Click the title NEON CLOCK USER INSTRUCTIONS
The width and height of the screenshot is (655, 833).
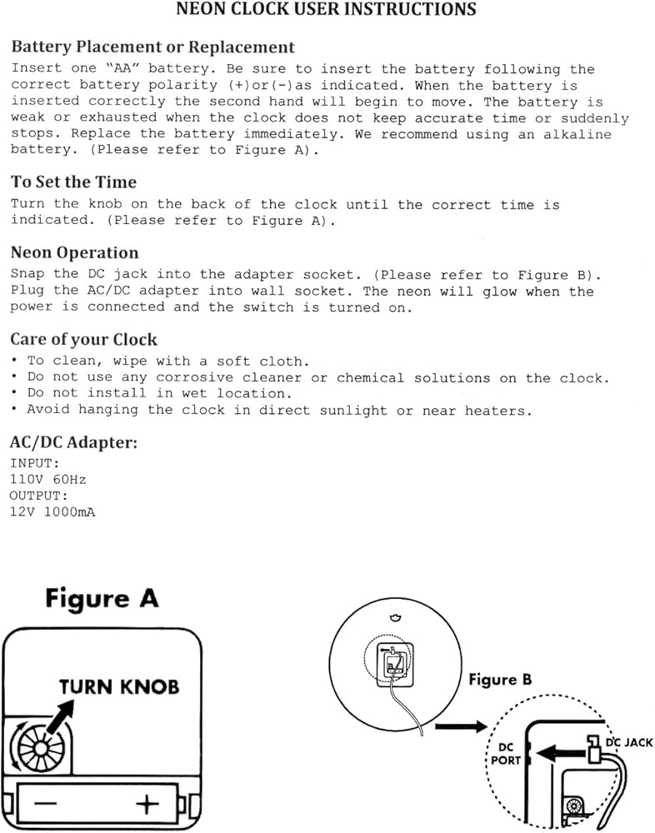click(x=327, y=10)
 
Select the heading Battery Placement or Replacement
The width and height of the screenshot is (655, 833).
click(x=153, y=47)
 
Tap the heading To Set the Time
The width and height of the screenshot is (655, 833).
click(x=74, y=182)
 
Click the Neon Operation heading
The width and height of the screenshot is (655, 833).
click(x=75, y=253)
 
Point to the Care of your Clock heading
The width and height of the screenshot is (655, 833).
click(x=84, y=340)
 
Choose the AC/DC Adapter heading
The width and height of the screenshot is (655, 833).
click(x=74, y=442)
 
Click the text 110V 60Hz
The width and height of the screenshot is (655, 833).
click(x=48, y=480)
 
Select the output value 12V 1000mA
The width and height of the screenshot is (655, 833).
click(x=52, y=512)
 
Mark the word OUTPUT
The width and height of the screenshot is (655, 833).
click(x=38, y=496)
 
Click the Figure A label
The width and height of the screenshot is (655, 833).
click(x=102, y=599)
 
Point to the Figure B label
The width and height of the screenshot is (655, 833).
click(x=500, y=680)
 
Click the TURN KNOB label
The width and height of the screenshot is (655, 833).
click(x=119, y=687)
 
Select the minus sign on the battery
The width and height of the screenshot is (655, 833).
click(x=46, y=805)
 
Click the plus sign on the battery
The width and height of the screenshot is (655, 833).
click(x=147, y=805)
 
